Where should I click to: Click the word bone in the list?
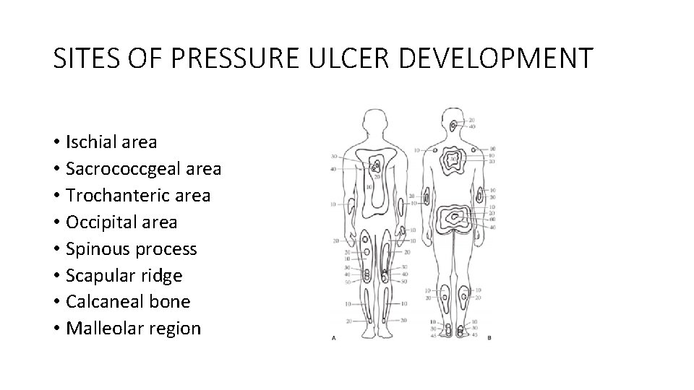[170, 302]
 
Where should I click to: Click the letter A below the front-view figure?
[333, 337]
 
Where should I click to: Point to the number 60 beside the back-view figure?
[492, 220]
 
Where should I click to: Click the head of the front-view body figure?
[374, 119]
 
